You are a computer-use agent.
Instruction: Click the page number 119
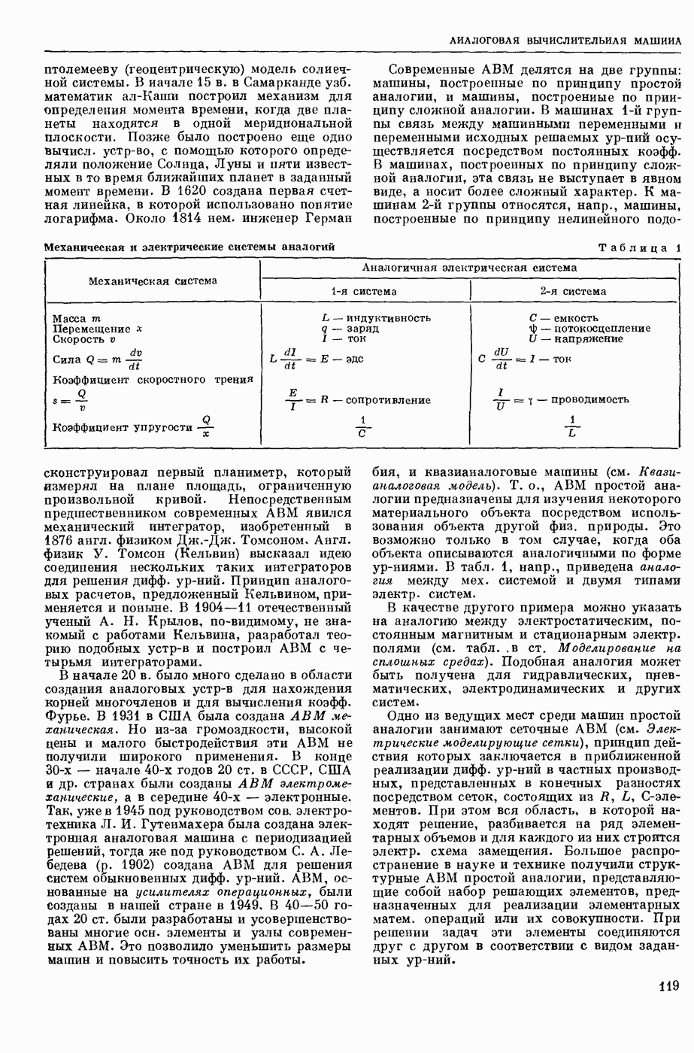click(668, 986)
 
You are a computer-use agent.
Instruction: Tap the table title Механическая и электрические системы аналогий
click(189, 247)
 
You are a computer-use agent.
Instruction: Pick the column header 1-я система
click(364, 291)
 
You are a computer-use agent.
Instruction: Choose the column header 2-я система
click(573, 291)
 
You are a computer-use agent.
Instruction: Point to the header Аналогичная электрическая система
click(469, 267)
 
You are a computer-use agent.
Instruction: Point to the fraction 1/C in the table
click(362, 427)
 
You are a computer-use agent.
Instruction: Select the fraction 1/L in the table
click(573, 427)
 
